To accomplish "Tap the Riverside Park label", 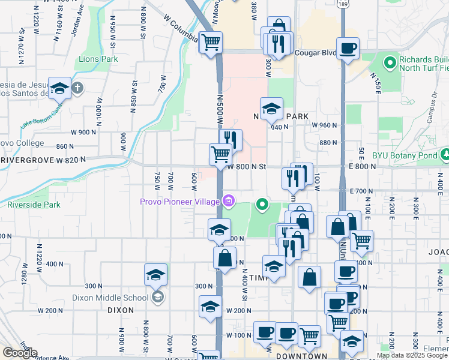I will point(34,205).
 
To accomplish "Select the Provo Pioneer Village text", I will point(179,202).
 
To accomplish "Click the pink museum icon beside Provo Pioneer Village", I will point(228,201).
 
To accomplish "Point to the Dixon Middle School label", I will point(110,297).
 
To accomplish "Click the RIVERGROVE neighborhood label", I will point(27,161).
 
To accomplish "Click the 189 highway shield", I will point(342,4).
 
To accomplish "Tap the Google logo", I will point(20,353).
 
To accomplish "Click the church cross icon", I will point(76,88).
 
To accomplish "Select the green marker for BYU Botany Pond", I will point(445,155).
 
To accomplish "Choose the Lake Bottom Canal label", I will point(41,118).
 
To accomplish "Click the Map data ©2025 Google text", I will point(412,355).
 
